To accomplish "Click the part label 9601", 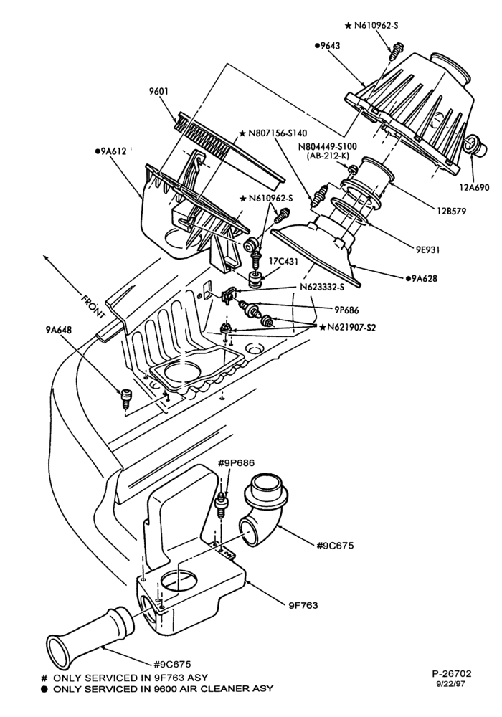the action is click(158, 92).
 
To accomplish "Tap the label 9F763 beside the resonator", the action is click(303, 605).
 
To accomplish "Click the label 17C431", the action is click(283, 262).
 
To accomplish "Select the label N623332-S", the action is click(322, 288).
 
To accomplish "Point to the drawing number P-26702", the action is click(451, 673).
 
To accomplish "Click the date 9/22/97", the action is click(451, 684).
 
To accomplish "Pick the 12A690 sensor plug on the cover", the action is click(475, 147).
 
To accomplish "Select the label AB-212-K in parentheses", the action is click(328, 156).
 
